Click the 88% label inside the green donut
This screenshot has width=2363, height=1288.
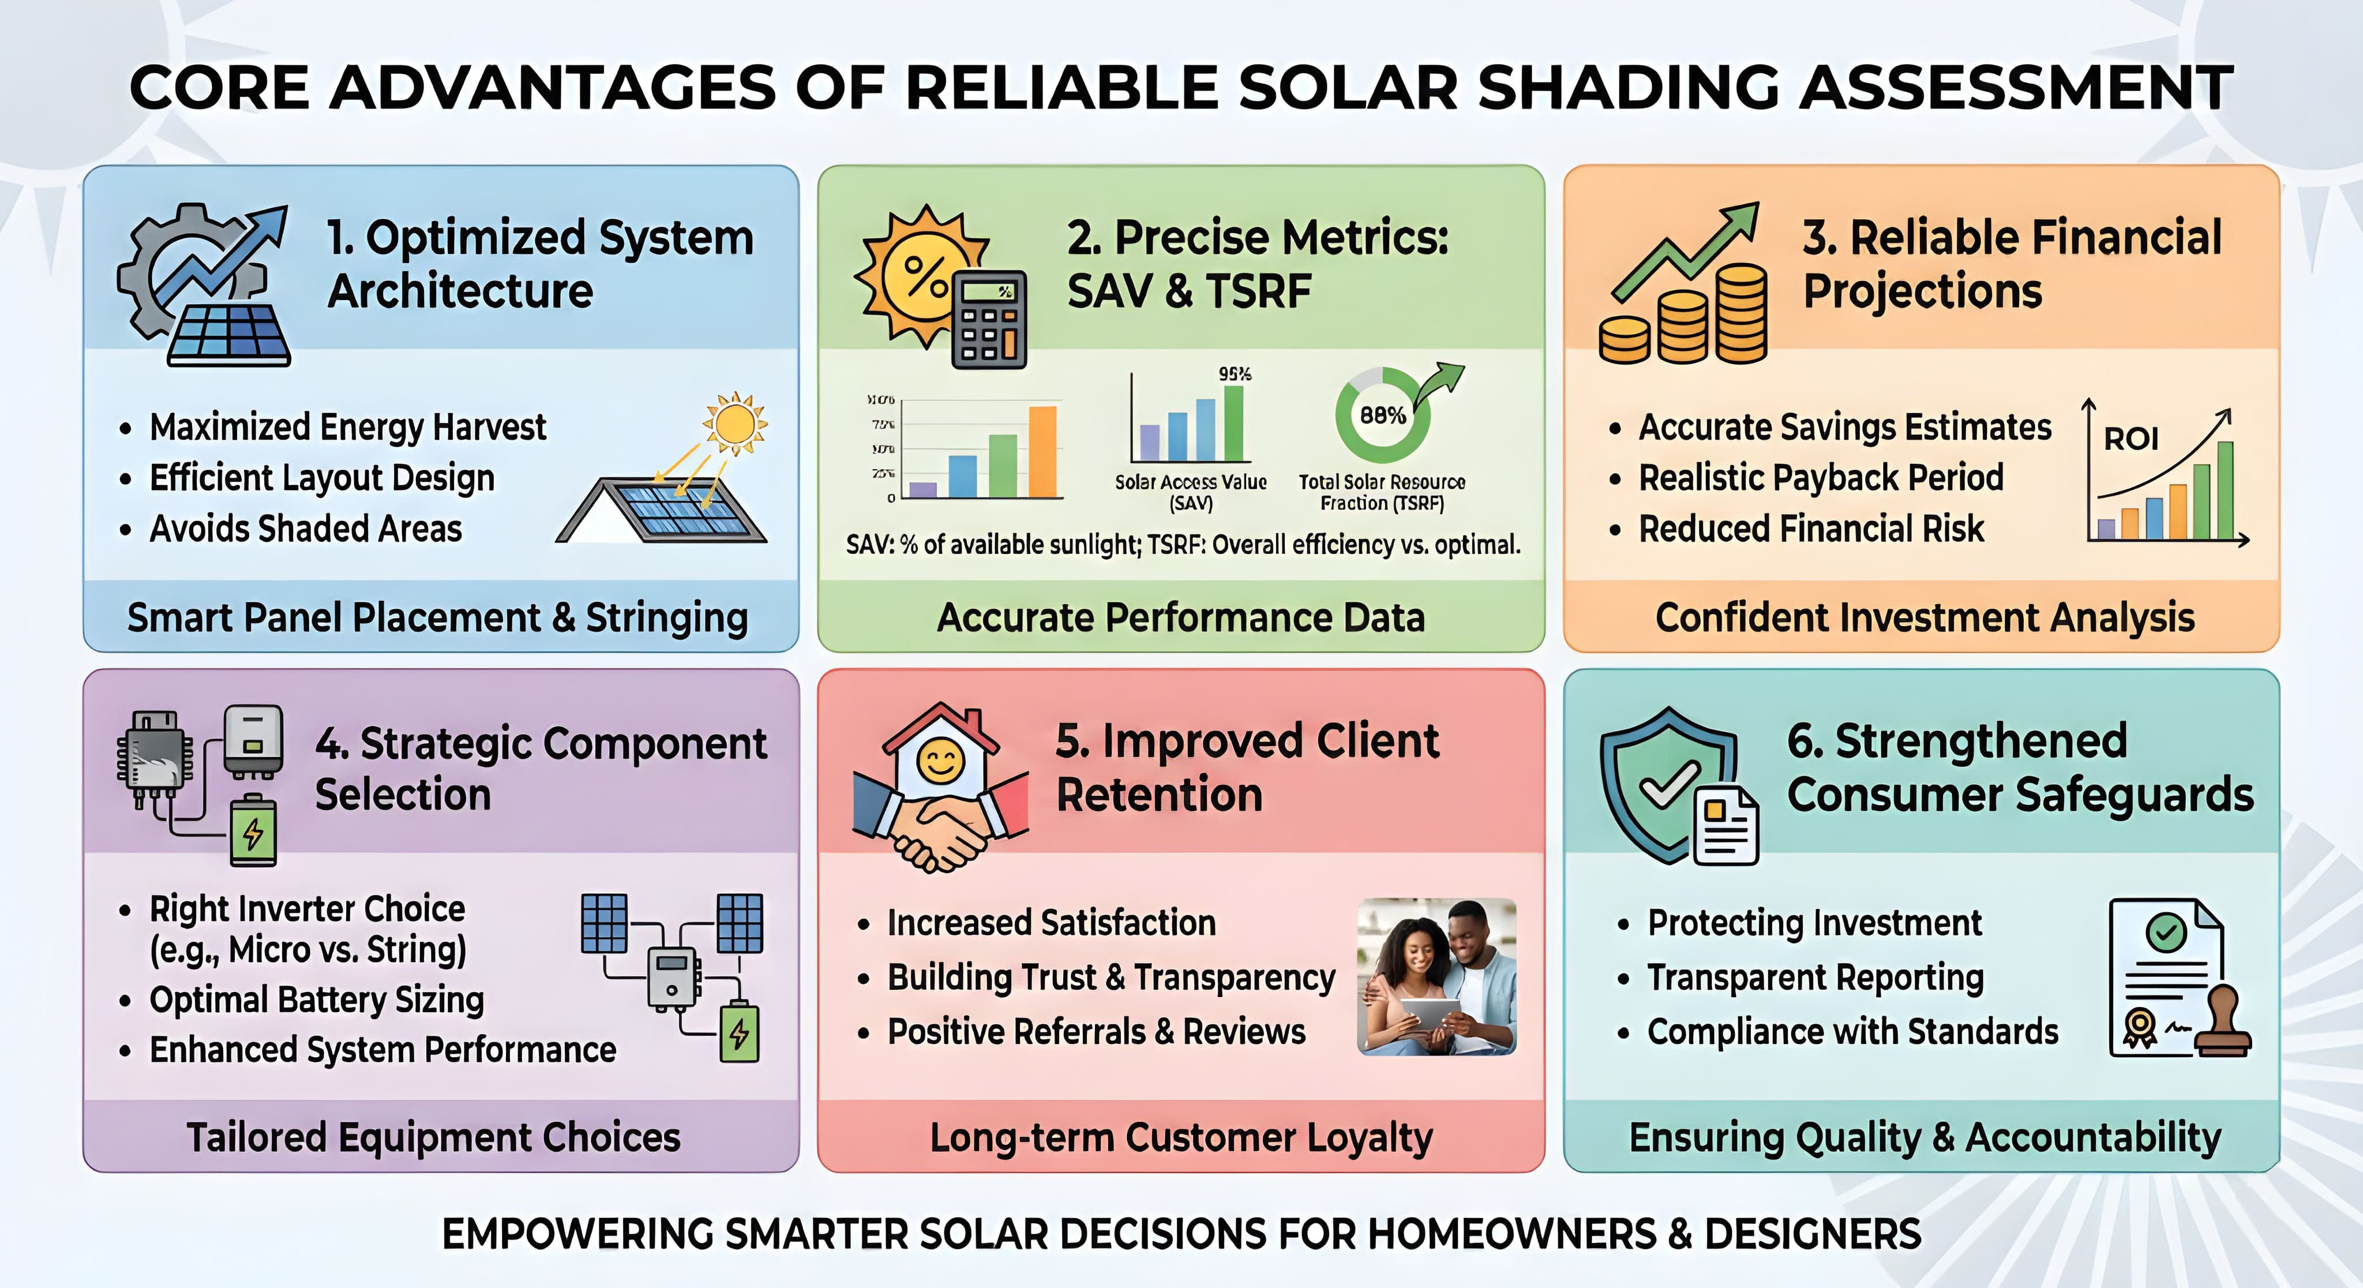(x=1382, y=415)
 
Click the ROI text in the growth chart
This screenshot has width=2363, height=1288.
(x=2131, y=439)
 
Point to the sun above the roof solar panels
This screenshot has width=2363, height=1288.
(x=735, y=424)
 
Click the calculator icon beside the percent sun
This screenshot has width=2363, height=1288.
(x=989, y=319)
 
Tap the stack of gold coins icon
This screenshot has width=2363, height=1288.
(x=1683, y=316)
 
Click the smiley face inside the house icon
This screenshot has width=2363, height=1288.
(x=941, y=761)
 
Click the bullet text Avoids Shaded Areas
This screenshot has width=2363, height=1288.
(x=305, y=529)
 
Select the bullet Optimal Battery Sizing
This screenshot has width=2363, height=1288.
(x=317, y=1000)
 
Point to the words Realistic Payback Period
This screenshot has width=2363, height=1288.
(x=1821, y=478)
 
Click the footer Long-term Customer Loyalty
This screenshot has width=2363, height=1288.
(x=1180, y=1137)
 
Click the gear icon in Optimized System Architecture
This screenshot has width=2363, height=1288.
(x=156, y=266)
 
